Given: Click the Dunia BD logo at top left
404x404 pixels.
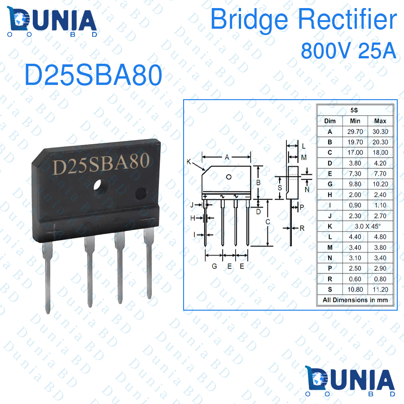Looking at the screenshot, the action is (52, 22).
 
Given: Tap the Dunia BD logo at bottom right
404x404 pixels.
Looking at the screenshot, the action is (350, 381).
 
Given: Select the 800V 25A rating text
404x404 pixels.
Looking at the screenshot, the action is (348, 50).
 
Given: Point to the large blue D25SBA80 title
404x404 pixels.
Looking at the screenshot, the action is (93, 75).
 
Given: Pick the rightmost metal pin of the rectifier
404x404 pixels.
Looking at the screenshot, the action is (149, 263).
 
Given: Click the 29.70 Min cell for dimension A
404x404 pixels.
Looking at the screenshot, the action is (355, 132).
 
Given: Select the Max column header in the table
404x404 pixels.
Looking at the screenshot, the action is (380, 121).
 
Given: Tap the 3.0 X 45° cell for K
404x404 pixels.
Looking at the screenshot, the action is (368, 227).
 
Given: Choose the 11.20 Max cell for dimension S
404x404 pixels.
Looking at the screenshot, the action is (380, 290).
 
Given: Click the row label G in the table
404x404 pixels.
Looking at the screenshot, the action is (330, 184).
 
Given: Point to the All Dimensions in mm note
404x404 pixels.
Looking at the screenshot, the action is (355, 300).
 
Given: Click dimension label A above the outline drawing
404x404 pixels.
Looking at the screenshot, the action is (227, 157).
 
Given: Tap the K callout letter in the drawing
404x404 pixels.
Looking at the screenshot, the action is (189, 162).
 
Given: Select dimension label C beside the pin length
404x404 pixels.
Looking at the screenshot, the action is (268, 222).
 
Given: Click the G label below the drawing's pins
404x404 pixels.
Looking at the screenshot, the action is (215, 266).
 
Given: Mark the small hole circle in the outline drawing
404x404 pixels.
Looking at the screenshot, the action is (228, 177).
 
